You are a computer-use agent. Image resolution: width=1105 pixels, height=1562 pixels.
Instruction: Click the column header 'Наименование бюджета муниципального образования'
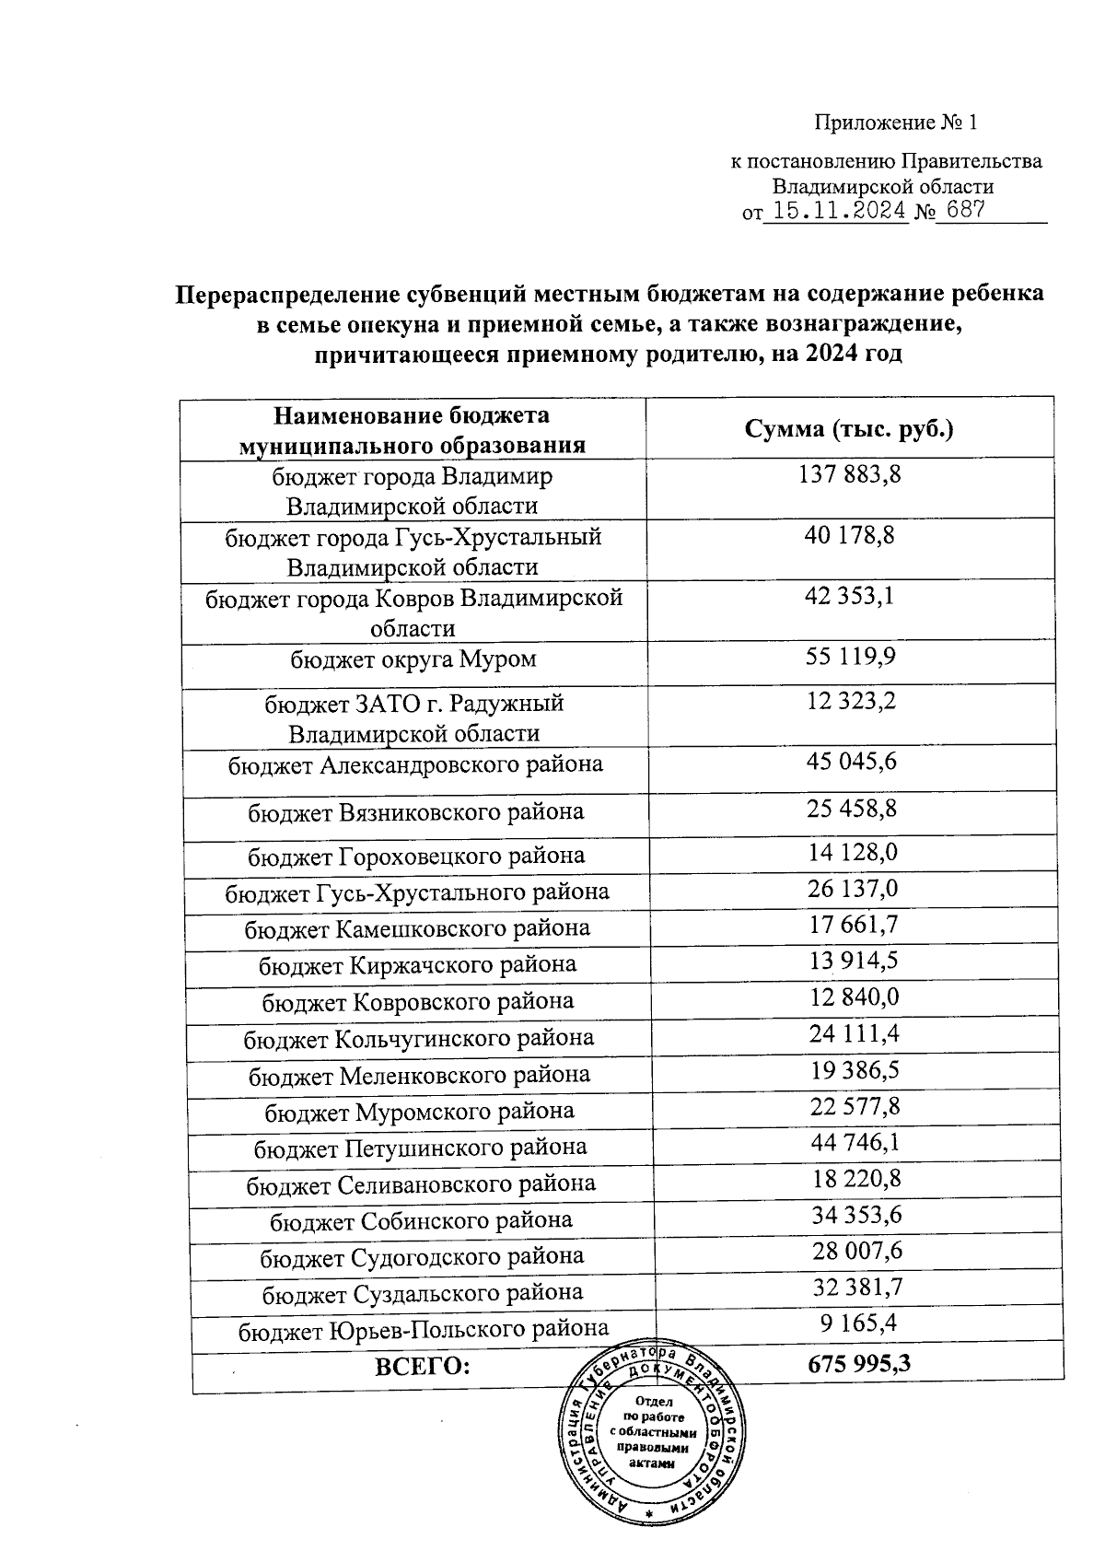coord(413,430)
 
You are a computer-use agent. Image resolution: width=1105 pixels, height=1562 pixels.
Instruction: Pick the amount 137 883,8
coord(849,475)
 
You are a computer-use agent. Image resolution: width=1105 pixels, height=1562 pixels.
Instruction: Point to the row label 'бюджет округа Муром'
coord(413,659)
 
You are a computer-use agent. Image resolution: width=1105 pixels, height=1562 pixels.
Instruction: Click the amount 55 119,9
coord(850,656)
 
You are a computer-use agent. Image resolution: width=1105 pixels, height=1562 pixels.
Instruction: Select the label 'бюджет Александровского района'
coord(415,764)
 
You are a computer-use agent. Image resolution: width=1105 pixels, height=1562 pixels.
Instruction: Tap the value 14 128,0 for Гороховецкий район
coord(853,853)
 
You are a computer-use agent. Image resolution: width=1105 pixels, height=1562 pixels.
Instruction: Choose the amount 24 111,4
coord(855,1034)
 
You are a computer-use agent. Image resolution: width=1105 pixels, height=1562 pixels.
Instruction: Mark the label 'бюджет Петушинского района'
coord(420,1148)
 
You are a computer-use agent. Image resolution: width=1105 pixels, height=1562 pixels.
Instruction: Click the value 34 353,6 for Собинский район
coord(856,1216)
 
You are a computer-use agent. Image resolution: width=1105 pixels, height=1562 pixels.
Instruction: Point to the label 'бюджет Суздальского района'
coord(423,1293)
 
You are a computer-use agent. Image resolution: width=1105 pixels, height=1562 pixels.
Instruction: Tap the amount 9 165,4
coord(858,1324)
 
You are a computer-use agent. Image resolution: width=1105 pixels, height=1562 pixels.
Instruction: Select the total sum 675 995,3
coord(859,1364)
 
